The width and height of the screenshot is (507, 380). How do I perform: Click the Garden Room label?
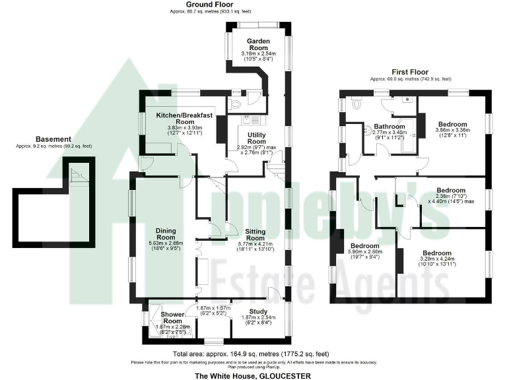point(256,40)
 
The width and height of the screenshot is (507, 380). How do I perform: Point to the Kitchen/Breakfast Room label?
point(184,119)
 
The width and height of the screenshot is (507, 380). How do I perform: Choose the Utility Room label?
point(257,138)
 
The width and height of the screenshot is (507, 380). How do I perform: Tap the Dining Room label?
point(165,234)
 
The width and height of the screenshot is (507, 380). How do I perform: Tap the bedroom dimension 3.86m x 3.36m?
point(453,131)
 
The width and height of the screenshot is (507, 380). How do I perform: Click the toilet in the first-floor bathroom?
point(356,104)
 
